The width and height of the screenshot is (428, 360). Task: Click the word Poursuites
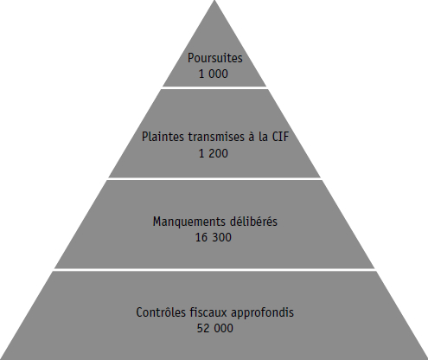pos(215,59)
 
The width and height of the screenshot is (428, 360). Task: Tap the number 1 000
pos(214,74)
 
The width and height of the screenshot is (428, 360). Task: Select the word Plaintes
pos(163,137)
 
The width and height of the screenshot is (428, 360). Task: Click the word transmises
pos(216,137)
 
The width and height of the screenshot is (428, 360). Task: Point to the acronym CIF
pos(280,137)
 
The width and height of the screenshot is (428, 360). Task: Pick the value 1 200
pos(214,153)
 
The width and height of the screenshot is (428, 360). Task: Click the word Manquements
pos(189,222)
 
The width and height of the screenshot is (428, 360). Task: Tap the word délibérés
pos(253,222)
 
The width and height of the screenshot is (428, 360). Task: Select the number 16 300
pos(214,238)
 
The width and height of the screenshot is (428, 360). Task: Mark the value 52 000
pos(215,329)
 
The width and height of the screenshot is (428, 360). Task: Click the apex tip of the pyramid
pos(214,1)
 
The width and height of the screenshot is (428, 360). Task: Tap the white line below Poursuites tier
pos(214,87)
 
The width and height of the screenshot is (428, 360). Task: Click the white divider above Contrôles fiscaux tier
pos(214,270)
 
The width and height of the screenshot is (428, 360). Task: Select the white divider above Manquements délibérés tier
pos(214,179)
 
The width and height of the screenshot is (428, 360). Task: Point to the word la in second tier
pos(264,137)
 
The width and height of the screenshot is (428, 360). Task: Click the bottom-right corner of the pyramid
pos(427,359)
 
